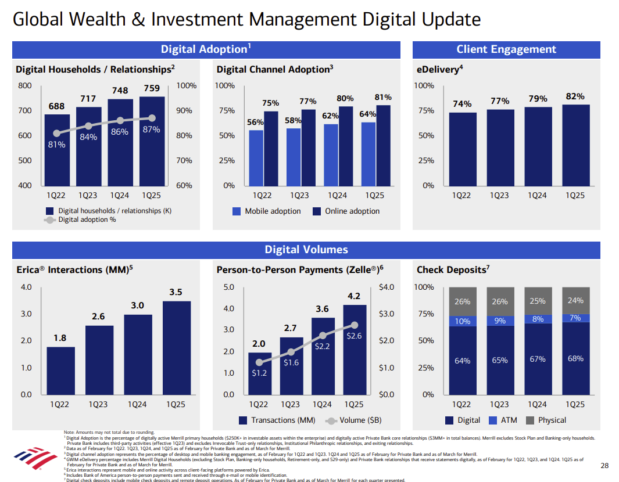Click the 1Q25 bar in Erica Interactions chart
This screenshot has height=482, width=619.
point(177,347)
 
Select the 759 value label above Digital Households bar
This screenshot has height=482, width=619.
point(151,89)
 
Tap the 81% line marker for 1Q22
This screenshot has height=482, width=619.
point(56,134)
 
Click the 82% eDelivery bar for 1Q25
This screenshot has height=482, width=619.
point(575,145)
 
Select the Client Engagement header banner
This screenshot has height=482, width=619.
point(506,49)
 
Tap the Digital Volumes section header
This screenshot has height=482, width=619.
point(306,250)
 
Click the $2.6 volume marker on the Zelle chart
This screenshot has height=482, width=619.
point(355,326)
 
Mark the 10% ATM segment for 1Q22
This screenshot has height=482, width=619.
point(463,321)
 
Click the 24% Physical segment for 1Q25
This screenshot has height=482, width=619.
point(575,300)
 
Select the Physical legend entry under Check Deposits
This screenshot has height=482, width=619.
point(545,420)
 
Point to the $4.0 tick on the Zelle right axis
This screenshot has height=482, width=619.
point(387,287)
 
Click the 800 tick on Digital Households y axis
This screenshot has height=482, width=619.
point(24,86)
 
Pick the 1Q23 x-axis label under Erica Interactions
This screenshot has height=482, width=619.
point(99,404)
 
